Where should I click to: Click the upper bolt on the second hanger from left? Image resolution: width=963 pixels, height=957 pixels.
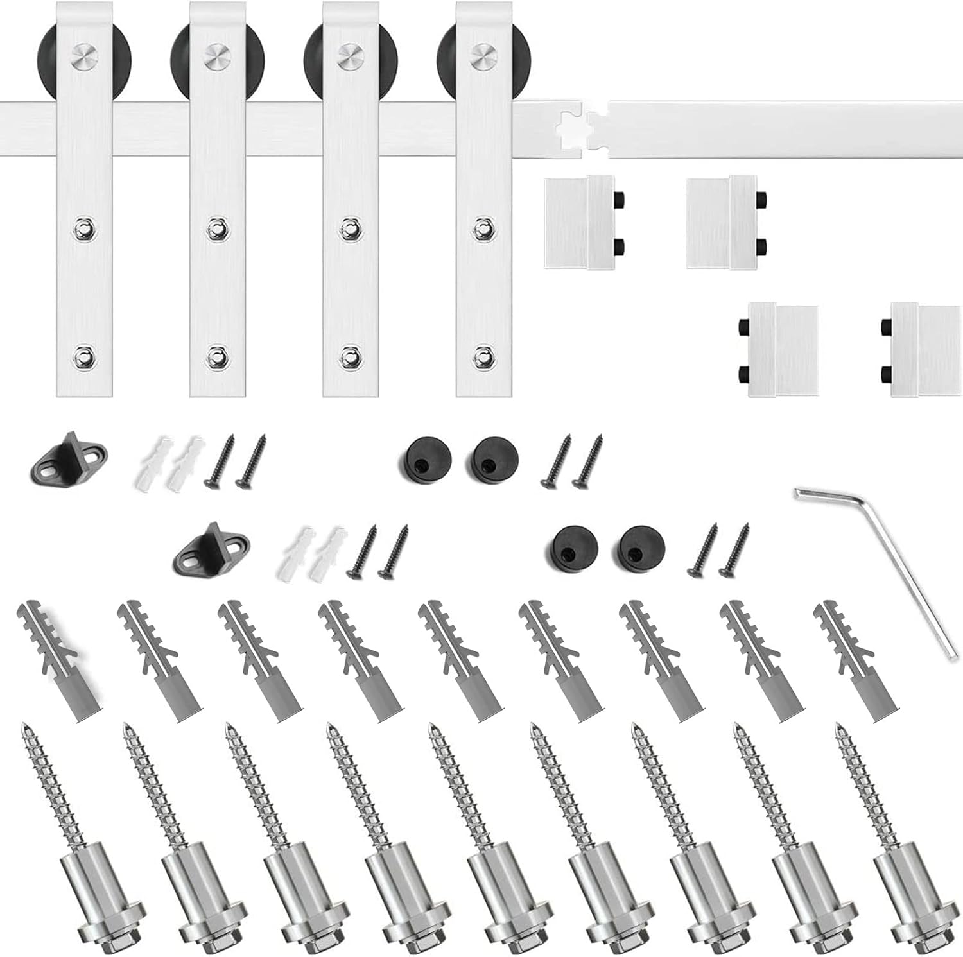point(217,228)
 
